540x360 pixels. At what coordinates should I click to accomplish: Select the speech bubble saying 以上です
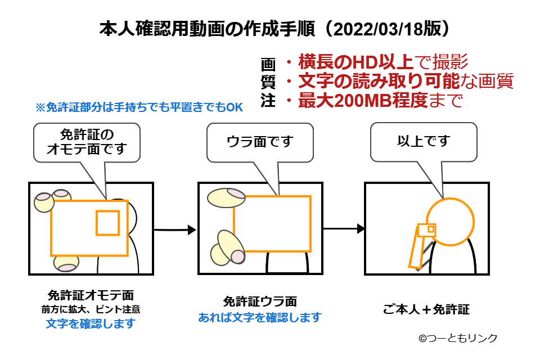point(424,141)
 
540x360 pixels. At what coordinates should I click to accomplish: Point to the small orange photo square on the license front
point(107,223)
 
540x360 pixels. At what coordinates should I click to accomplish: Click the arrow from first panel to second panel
point(174,229)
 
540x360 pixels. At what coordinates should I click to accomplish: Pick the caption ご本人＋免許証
point(426,309)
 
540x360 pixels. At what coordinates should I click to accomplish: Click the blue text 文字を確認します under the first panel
point(91,324)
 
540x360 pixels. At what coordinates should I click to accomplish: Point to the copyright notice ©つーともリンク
point(457,339)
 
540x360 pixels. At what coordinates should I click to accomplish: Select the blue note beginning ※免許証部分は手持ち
point(139,107)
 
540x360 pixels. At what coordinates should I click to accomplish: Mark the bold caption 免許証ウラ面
point(259,301)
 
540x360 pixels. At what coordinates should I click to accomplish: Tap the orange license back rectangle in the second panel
point(272,223)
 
